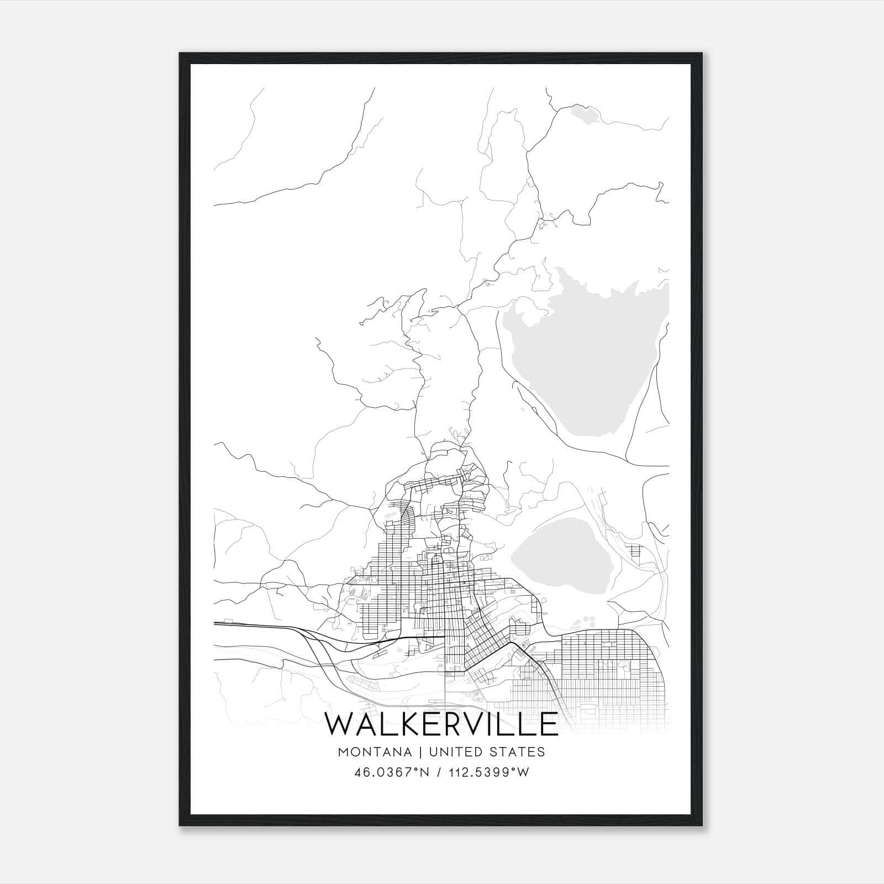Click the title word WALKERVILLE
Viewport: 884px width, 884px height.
tap(441, 724)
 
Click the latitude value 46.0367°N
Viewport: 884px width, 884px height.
tap(392, 772)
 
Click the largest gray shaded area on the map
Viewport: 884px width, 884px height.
tap(586, 354)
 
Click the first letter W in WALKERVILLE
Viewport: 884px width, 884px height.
tap(344, 724)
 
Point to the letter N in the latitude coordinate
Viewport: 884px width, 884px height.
tap(424, 772)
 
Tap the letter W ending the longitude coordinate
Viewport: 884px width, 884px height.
tap(523, 772)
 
